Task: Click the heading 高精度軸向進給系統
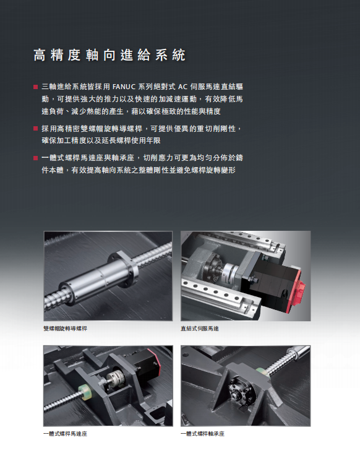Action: pyautogui.click(x=109, y=55)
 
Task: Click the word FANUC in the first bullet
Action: pyautogui.click(x=124, y=87)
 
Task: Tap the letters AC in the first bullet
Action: pyautogui.click(x=182, y=87)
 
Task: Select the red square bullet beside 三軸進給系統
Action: pyautogui.click(x=36, y=87)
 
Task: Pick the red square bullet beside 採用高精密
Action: pyautogui.click(x=36, y=129)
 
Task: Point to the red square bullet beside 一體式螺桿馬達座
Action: pyautogui.click(x=36, y=158)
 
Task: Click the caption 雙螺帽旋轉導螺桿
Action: pyautogui.click(x=65, y=329)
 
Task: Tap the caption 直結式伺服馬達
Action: pyautogui.click(x=200, y=329)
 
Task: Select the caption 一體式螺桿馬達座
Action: pyautogui.click(x=65, y=434)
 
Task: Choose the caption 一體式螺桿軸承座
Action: pyautogui.click(x=202, y=434)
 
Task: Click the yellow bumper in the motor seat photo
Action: pyautogui.click(x=85, y=392)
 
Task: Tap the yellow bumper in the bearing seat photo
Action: pyautogui.click(x=261, y=372)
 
